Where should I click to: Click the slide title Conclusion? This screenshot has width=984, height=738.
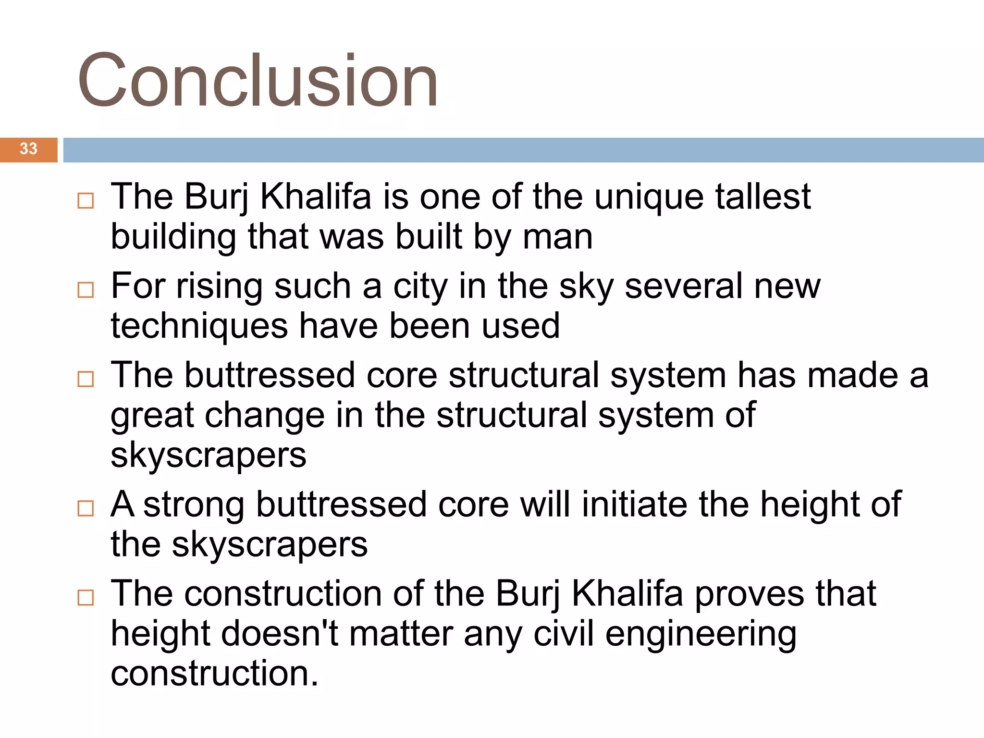(x=258, y=80)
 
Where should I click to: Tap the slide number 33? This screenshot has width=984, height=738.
(x=28, y=149)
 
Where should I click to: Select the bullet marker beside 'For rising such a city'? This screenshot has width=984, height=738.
(x=86, y=290)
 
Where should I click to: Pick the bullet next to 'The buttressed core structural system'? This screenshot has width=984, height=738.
(x=86, y=379)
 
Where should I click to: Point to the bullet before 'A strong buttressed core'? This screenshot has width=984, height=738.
(x=86, y=508)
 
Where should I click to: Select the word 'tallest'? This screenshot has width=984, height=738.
(x=763, y=197)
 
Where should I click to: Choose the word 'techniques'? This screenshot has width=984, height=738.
(x=199, y=327)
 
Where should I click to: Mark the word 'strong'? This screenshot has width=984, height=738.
(x=194, y=505)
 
